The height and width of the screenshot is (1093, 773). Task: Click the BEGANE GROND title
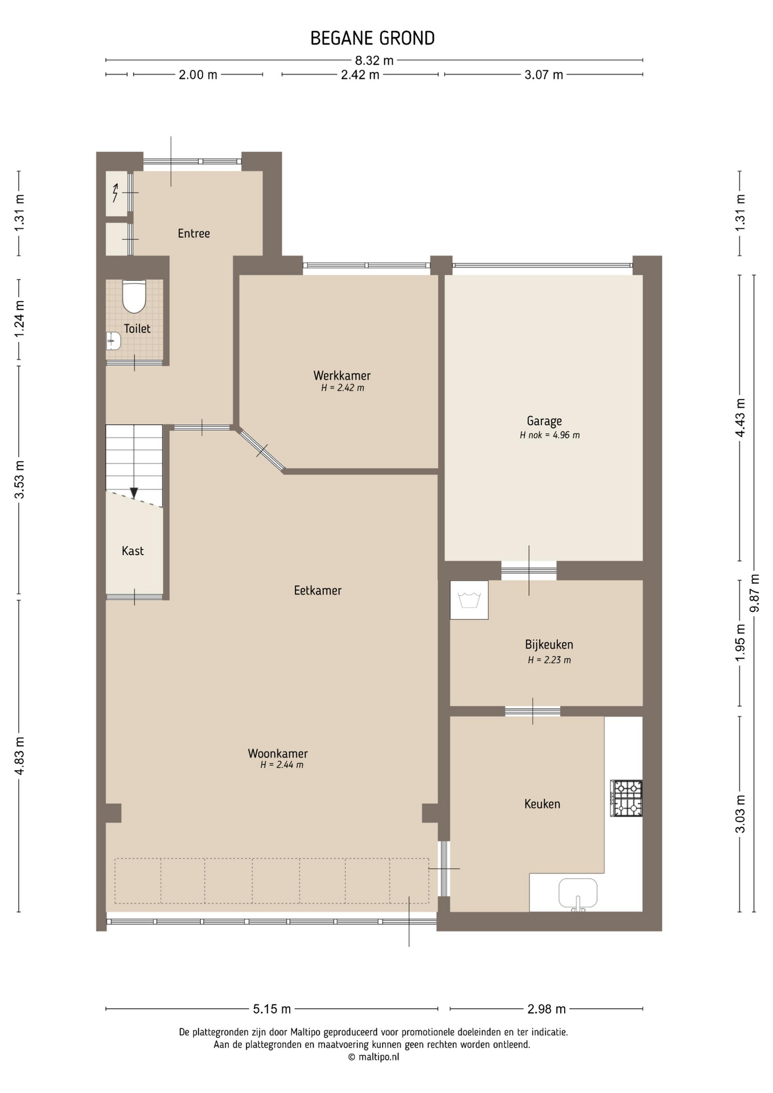click(x=372, y=38)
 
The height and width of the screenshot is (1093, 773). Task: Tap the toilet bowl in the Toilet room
click(x=134, y=296)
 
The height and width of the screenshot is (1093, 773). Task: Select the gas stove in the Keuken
click(x=626, y=798)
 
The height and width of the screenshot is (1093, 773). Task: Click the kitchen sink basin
click(x=578, y=893)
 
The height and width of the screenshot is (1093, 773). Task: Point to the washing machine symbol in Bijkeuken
click(x=469, y=600)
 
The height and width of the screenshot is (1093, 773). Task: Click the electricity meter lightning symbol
click(x=116, y=194)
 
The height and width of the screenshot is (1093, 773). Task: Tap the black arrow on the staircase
click(x=134, y=492)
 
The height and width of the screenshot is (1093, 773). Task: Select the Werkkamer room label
click(x=342, y=376)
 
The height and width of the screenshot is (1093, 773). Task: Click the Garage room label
click(x=544, y=421)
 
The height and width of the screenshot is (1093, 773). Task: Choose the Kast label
click(x=133, y=551)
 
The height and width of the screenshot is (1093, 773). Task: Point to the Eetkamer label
click(x=318, y=590)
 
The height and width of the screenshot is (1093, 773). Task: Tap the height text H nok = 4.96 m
click(x=549, y=435)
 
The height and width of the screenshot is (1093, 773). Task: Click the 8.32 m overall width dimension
click(x=375, y=60)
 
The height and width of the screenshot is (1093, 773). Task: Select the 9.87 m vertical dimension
click(x=755, y=593)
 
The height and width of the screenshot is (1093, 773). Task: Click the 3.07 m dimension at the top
click(x=544, y=75)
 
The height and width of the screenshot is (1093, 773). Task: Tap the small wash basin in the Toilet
click(x=113, y=342)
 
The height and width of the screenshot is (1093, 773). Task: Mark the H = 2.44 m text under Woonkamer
click(x=282, y=765)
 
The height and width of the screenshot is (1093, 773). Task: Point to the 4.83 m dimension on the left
click(x=19, y=755)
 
